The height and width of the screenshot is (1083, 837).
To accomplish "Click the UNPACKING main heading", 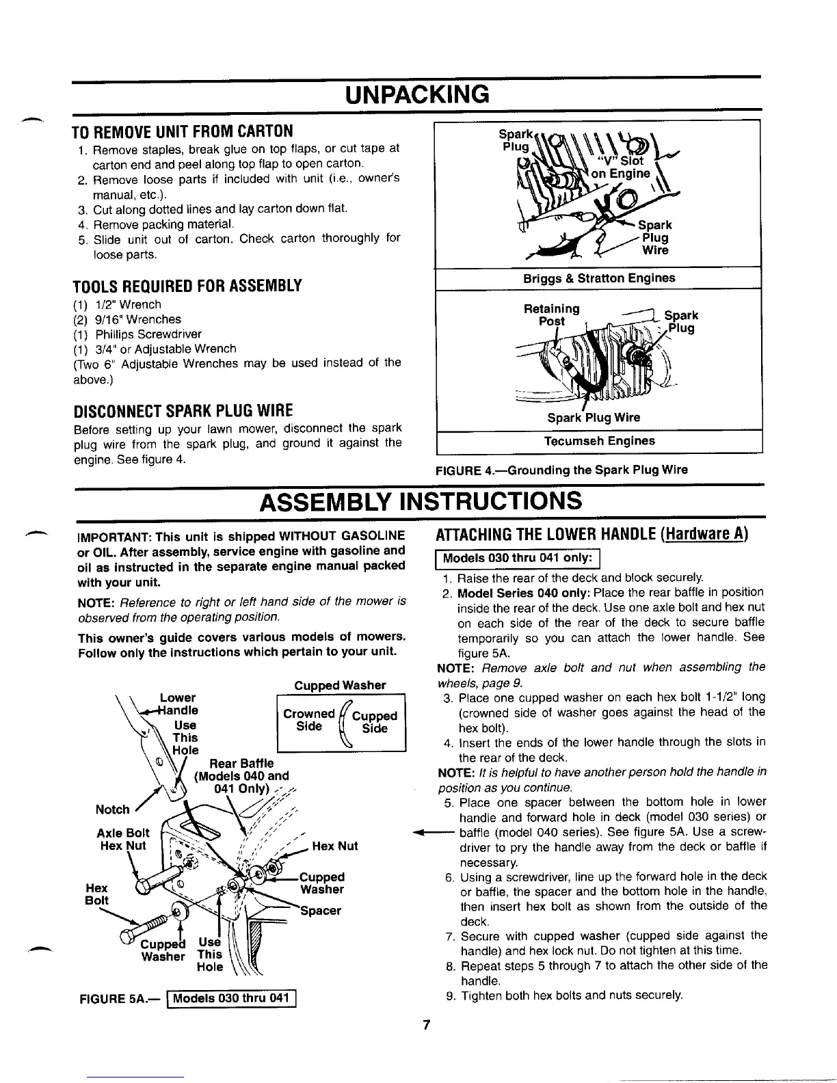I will click(x=418, y=93).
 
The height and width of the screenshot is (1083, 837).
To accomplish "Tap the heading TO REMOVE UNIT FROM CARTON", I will click(x=183, y=131).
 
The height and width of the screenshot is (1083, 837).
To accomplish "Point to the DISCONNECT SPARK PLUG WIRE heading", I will click(x=183, y=410).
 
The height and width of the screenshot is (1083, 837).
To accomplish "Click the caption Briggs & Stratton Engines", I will click(x=598, y=278).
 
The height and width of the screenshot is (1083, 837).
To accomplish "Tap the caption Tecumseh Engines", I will click(x=599, y=441).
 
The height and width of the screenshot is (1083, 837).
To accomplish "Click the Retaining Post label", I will click(x=551, y=315).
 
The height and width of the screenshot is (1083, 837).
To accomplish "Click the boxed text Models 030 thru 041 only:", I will click(x=517, y=558).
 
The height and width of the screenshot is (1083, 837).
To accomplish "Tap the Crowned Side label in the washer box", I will click(x=309, y=720).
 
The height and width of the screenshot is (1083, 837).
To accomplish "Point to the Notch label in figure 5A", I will click(x=113, y=810).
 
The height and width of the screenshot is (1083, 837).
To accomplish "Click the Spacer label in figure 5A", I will click(x=321, y=911).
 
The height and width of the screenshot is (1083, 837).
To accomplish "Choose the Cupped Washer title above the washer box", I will click(x=340, y=685).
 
